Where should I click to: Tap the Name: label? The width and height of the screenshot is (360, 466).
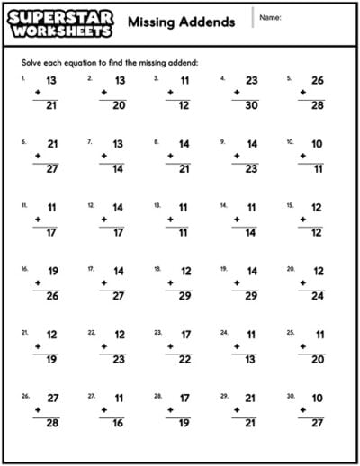pyautogui.click(x=271, y=18)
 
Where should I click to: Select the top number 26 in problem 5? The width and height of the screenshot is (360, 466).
pyautogui.click(x=318, y=80)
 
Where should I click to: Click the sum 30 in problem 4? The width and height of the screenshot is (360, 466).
pyautogui.click(x=251, y=106)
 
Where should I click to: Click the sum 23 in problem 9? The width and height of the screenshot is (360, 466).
pyautogui.click(x=251, y=169)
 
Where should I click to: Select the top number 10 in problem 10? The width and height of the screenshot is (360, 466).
pyautogui.click(x=318, y=144)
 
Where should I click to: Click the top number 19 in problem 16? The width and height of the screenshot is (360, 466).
pyautogui.click(x=51, y=271)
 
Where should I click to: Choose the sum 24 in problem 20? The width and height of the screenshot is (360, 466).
pyautogui.click(x=318, y=296)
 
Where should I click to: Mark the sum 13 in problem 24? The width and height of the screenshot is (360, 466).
pyautogui.click(x=251, y=360)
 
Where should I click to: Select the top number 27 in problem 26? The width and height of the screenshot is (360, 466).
pyautogui.click(x=51, y=397)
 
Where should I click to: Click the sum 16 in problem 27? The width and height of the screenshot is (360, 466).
pyautogui.click(x=118, y=423)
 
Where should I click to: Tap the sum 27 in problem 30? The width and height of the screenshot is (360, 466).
pyautogui.click(x=318, y=423)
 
